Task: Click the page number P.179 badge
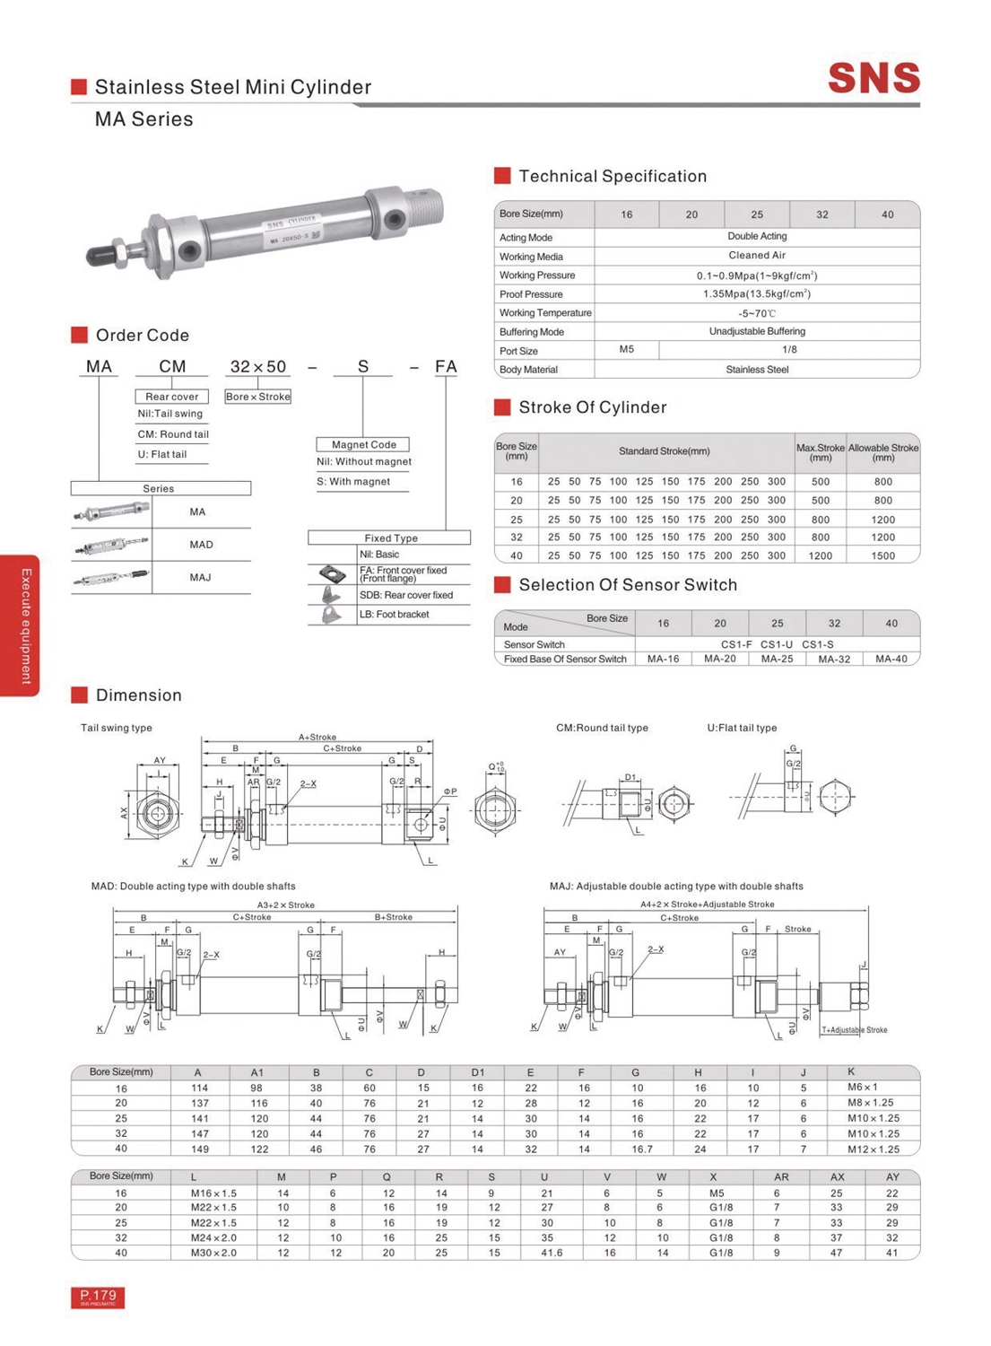(98, 1297)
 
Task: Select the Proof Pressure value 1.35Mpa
(756, 294)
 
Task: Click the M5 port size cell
(627, 350)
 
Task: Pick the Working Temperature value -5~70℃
(756, 313)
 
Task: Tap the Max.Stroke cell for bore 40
(820, 555)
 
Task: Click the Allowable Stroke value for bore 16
(882, 482)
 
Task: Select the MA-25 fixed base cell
(777, 659)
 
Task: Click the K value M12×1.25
(873, 1149)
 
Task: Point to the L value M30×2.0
(213, 1253)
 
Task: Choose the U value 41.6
(551, 1253)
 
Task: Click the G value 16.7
(641, 1149)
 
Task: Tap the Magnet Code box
(363, 444)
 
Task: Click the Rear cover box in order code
(172, 397)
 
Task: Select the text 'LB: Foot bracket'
(394, 615)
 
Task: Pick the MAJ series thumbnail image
(111, 577)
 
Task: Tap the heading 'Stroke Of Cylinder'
(592, 407)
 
